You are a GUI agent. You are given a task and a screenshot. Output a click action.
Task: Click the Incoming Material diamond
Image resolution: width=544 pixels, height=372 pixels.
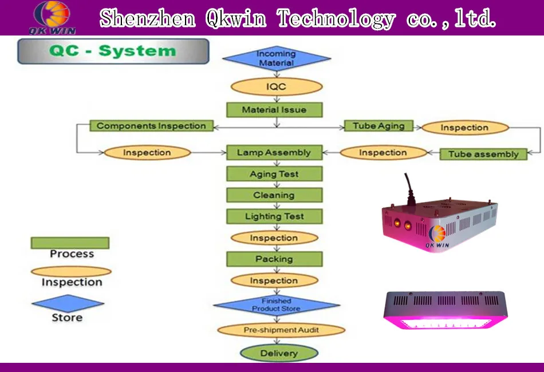(276, 58)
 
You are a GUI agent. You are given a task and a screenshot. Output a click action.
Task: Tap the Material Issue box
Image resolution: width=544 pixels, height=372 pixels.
(274, 109)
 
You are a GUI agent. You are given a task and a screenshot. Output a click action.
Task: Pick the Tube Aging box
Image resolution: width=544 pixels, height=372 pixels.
(379, 126)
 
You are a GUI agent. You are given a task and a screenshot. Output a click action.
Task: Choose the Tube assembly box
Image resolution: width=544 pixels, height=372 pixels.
(483, 153)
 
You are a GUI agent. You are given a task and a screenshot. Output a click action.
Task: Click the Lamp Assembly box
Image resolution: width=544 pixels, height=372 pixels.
(274, 153)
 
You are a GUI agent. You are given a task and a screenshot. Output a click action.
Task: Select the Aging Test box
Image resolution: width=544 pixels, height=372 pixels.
(274, 174)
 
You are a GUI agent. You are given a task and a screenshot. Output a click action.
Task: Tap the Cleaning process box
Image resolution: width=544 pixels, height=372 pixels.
(274, 195)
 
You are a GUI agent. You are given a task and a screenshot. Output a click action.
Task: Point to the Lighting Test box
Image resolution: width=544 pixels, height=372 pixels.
(274, 216)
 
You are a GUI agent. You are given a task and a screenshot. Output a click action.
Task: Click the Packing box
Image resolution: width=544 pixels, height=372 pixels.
(274, 259)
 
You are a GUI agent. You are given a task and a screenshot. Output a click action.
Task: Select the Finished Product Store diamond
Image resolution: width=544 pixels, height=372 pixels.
(276, 305)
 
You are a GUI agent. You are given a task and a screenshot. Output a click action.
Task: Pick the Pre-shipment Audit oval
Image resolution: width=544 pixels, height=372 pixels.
(281, 330)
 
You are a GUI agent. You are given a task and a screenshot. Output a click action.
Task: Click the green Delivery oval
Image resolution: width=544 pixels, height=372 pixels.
(279, 353)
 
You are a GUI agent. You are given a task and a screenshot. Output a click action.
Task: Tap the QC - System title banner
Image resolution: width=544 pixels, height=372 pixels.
(113, 51)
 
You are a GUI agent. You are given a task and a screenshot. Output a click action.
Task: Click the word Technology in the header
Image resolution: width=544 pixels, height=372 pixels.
(336, 18)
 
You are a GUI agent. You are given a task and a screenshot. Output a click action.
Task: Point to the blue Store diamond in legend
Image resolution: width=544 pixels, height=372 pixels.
(68, 303)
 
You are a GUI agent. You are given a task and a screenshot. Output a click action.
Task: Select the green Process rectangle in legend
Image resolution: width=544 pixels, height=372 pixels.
(70, 243)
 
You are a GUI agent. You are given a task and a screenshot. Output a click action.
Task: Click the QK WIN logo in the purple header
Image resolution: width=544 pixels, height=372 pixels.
(53, 17)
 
